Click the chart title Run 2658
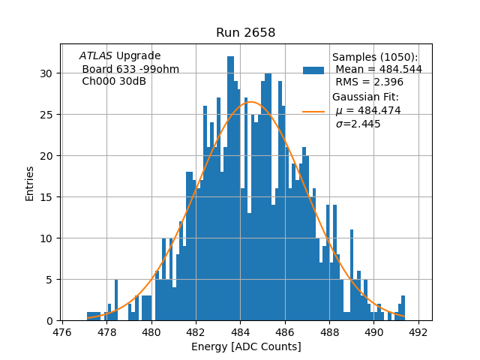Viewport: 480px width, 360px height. pyautogui.click(x=245, y=32)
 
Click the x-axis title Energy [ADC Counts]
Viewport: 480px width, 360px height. pyautogui.click(x=246, y=346)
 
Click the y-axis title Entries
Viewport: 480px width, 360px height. pyautogui.click(x=30, y=183)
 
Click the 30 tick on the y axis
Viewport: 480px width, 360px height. pyautogui.click(x=46, y=73)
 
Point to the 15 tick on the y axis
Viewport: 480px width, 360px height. pyautogui.click(x=46, y=197)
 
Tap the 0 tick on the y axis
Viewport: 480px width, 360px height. pyautogui.click(x=49, y=321)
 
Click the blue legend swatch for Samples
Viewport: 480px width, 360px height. pyautogui.click(x=313, y=70)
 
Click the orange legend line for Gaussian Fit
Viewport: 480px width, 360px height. pyautogui.click(x=313, y=112)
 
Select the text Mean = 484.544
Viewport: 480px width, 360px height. pyautogui.click(x=378, y=70)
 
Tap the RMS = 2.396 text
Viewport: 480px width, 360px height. pyautogui.click(x=370, y=82)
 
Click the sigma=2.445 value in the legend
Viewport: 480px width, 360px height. pyautogui.click(x=358, y=124)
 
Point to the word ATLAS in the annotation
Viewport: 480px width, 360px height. pyautogui.click(x=96, y=56)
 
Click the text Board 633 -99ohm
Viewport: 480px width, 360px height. pyautogui.click(x=130, y=69)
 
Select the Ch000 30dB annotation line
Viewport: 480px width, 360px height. pyautogui.click(x=114, y=81)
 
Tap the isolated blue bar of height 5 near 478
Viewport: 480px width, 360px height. pyautogui.click(x=116, y=301)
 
